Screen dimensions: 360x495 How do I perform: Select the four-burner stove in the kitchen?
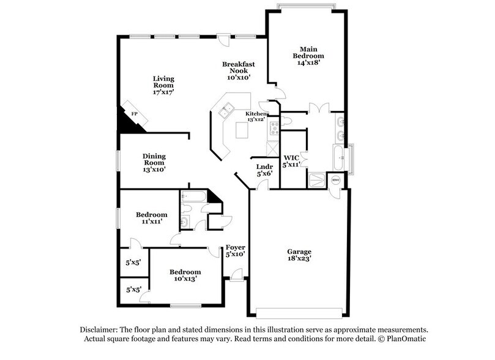pos(274,127)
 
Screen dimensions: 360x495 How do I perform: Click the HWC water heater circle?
pos(335,180)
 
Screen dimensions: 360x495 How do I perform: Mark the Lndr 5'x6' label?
pos(264,170)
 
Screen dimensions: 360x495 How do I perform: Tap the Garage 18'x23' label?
pos(300,255)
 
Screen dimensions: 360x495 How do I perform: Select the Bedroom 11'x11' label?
pos(151,219)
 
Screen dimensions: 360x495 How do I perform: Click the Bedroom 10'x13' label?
pos(185,276)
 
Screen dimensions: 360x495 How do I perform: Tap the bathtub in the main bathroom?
pos(338,157)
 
